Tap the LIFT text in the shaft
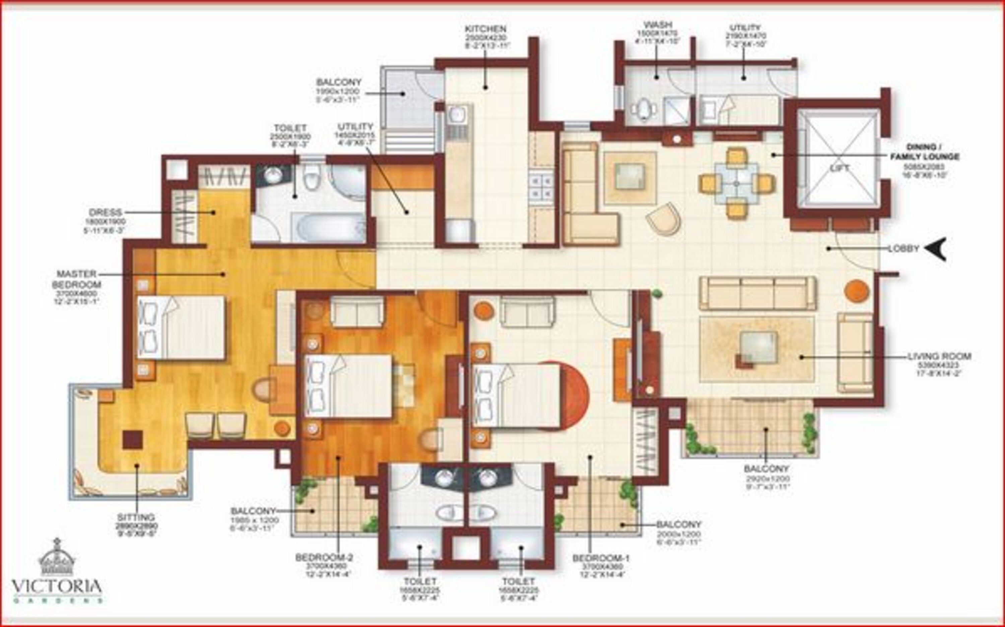(840, 168)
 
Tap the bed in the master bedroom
(181, 328)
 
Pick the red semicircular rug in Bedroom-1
(574, 394)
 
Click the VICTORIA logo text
(57, 586)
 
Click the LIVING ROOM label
(939, 356)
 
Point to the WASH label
(658, 25)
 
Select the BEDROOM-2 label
(324, 557)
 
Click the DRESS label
(105, 212)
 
